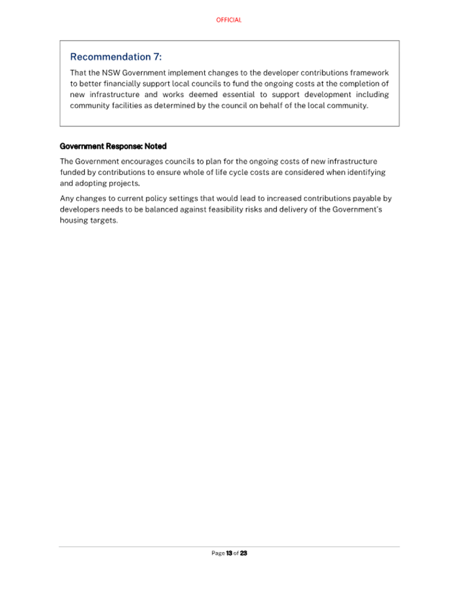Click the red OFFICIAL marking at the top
coord(229,20)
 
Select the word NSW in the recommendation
coord(111,73)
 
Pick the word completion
coord(359,83)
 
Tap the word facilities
coord(128,105)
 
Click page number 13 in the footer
coord(229,553)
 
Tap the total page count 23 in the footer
coord(244,553)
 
